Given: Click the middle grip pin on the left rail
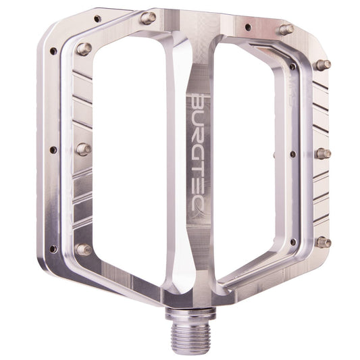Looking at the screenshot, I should tap(84, 149).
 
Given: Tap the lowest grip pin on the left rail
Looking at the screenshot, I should tap(84, 249).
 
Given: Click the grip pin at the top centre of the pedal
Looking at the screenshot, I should tap(148, 18).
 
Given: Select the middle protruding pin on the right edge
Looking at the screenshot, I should tap(323, 153).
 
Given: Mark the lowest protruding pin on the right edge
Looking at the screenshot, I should tap(324, 241).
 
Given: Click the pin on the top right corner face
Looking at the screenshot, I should tap(286, 30).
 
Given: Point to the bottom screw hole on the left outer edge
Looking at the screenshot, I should tap(53, 249).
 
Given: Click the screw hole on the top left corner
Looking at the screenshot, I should tap(97, 19).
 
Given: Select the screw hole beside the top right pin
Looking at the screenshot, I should tap(248, 28).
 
